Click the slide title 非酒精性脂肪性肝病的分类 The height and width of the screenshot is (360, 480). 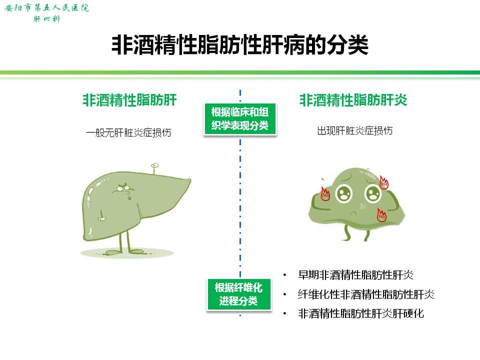click(239, 45)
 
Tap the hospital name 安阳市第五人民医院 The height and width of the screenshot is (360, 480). click(46, 7)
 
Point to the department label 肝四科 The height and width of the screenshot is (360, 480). click(47, 19)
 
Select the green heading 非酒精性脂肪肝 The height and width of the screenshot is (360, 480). click(129, 100)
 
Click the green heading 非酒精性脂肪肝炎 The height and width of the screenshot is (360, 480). click(353, 100)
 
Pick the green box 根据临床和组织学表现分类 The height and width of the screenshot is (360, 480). click(240, 119)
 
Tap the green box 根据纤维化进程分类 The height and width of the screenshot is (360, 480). click(239, 294)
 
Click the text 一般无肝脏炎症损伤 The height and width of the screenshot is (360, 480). click(128, 132)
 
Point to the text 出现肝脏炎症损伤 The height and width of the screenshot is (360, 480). click(355, 130)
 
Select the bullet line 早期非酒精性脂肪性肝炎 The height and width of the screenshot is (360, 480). click(355, 275)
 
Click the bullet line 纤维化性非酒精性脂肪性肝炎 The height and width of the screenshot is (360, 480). click(366, 294)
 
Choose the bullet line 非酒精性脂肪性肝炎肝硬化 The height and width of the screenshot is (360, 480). click(361, 313)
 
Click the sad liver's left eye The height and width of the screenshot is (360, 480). click(344, 193)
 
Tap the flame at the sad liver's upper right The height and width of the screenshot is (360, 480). click(383, 183)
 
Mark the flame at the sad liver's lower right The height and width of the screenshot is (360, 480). click(381, 214)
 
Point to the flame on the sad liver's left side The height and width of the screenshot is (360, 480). click(325, 194)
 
